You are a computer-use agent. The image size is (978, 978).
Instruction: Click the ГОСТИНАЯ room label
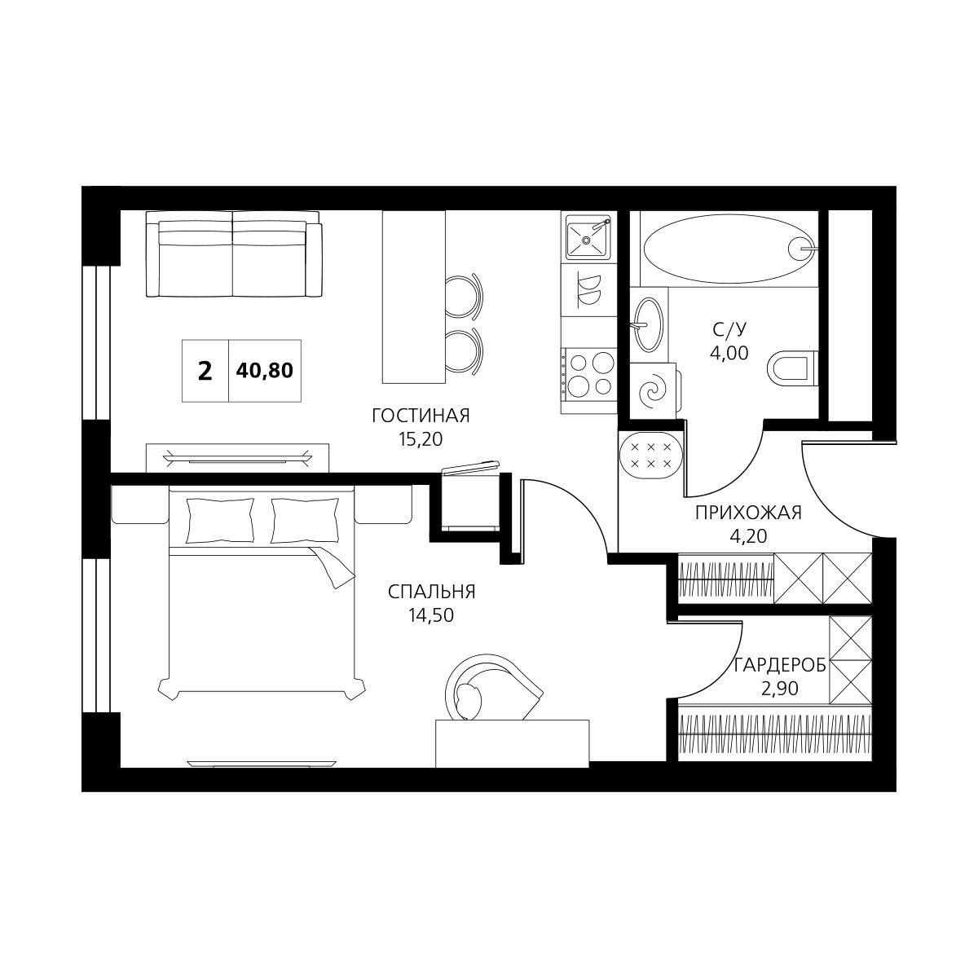point(421,416)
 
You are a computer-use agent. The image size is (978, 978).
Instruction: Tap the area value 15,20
point(421,439)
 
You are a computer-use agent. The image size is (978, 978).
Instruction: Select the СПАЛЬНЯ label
point(431,592)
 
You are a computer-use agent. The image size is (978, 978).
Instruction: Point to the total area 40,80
point(264,371)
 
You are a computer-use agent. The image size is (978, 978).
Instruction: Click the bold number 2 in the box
point(205,372)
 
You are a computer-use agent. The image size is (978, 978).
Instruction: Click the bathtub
point(729,249)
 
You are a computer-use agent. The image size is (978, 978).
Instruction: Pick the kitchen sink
point(587,236)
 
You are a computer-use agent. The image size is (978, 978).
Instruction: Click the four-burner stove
point(588,376)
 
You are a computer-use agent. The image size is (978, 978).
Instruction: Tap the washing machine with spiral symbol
point(653,391)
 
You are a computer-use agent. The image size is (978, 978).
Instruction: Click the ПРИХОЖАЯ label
point(748,513)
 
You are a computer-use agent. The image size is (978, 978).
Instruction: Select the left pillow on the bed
point(220,520)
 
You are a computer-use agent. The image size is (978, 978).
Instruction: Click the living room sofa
point(234,253)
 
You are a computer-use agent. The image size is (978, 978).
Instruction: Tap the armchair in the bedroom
point(492,688)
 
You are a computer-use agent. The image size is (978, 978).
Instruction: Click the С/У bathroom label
point(729,330)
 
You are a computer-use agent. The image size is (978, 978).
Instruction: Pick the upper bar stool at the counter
point(465,297)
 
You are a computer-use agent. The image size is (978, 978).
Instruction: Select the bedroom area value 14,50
point(431,615)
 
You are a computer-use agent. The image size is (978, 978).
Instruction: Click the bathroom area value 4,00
point(729,353)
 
